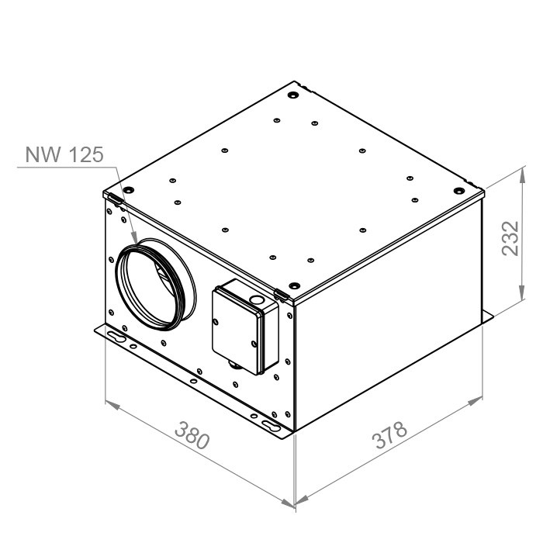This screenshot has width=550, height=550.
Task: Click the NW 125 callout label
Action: [64, 154]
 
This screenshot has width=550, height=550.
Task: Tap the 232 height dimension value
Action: [510, 238]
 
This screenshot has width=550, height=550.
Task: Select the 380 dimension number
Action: [192, 435]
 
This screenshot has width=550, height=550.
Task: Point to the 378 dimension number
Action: [389, 434]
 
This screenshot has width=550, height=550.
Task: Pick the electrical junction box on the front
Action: [245, 327]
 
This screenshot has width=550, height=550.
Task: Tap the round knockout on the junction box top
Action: [258, 299]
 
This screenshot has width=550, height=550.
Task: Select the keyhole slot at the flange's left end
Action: [117, 337]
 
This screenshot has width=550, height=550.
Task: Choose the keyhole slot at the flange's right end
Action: [271, 425]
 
